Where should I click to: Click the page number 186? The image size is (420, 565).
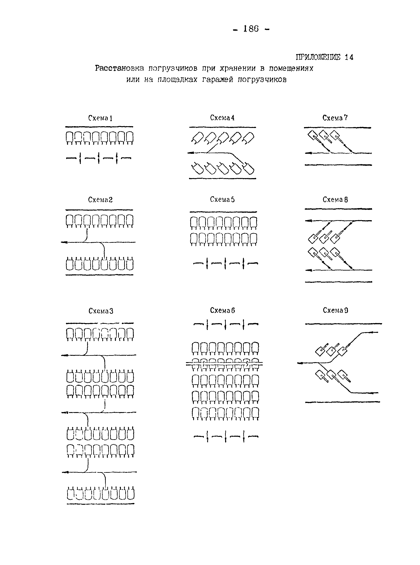(x=251, y=29)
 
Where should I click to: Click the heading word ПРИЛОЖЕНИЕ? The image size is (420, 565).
(x=318, y=57)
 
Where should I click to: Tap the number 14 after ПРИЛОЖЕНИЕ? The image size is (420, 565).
(x=349, y=57)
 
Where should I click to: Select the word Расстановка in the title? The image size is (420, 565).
(x=119, y=68)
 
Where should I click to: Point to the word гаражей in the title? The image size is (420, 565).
(x=217, y=80)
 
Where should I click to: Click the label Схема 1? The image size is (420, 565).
(x=100, y=118)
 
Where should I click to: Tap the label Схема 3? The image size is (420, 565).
(x=101, y=311)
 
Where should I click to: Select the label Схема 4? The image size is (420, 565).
(x=222, y=118)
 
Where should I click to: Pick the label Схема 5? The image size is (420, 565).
(x=222, y=199)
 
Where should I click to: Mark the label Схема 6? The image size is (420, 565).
(x=222, y=310)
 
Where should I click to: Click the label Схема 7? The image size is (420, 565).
(x=335, y=118)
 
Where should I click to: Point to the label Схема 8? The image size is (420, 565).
(x=335, y=200)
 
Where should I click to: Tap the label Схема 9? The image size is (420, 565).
(x=335, y=310)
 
